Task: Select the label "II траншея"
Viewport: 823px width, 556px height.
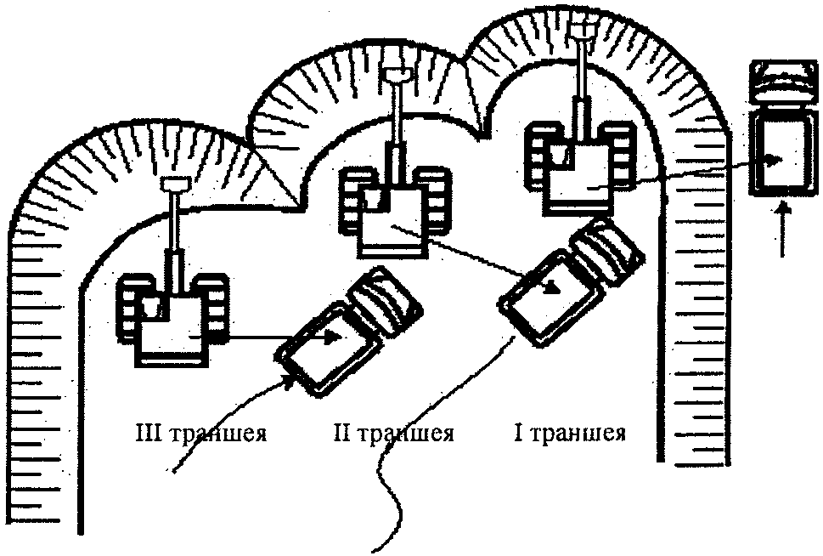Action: coord(394,434)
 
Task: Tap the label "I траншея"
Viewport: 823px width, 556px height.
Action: coord(569,434)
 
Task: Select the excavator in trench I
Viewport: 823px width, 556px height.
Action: coord(581,166)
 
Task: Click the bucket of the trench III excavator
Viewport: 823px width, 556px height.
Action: coord(174,184)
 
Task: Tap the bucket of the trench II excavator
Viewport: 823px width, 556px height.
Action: coord(397,77)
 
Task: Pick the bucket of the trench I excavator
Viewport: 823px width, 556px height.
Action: coord(582,31)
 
